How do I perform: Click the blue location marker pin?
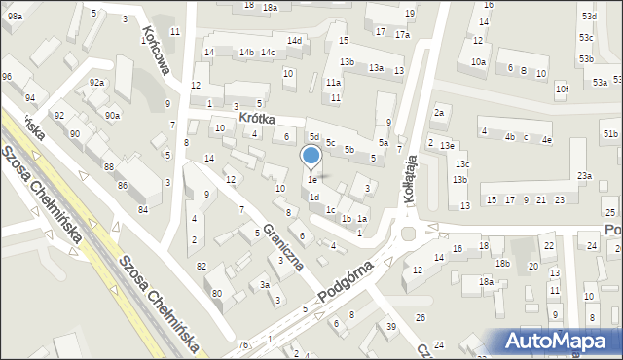coord(311,156)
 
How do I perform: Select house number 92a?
coord(96,83)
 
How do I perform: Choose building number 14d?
coord(294,40)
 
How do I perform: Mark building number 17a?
coord(402,34)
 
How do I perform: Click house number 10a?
coord(478,61)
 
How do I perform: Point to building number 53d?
coord(588,17)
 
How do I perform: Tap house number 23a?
coord(583,175)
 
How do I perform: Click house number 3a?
coord(264,285)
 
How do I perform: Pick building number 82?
coord(202,266)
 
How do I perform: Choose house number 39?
coord(390,326)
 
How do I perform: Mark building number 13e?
coord(446,145)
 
